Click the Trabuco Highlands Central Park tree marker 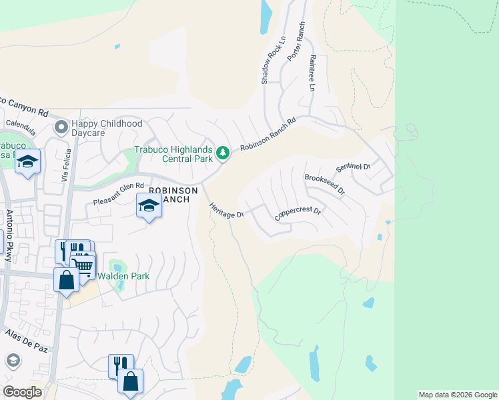pyautogui.click(x=223, y=154)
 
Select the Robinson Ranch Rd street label pyautogui.click(x=268, y=135)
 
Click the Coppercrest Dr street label pyautogui.click(x=298, y=215)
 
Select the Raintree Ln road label pyautogui.click(x=312, y=73)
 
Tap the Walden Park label pyautogui.click(x=123, y=276)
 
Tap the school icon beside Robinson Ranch pyautogui.click(x=149, y=206)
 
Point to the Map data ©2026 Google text pyautogui.click(x=458, y=395)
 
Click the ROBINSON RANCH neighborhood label pyautogui.click(x=173, y=195)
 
